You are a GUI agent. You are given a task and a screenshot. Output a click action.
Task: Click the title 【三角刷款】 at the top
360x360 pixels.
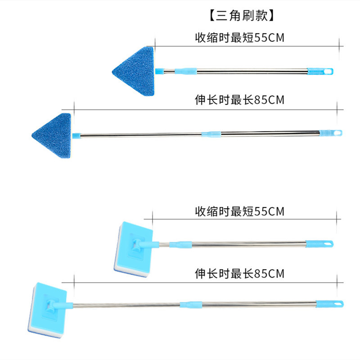(x=241, y=17)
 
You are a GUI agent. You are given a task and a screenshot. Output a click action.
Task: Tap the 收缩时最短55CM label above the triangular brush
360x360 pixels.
(x=239, y=37)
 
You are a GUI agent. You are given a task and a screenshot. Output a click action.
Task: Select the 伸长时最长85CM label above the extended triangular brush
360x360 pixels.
(x=239, y=99)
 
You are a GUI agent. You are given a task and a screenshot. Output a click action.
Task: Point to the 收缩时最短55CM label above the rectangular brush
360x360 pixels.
(x=239, y=211)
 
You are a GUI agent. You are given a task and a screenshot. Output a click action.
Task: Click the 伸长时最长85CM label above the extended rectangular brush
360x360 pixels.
(x=239, y=273)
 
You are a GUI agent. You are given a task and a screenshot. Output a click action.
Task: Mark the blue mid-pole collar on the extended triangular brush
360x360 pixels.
(x=211, y=134)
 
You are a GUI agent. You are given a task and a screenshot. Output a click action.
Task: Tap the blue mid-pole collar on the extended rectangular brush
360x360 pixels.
(x=190, y=304)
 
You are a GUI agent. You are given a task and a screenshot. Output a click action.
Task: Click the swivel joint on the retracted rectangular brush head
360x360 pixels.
(x=139, y=245)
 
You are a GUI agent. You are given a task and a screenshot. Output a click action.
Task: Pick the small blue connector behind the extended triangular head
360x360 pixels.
(x=76, y=135)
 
